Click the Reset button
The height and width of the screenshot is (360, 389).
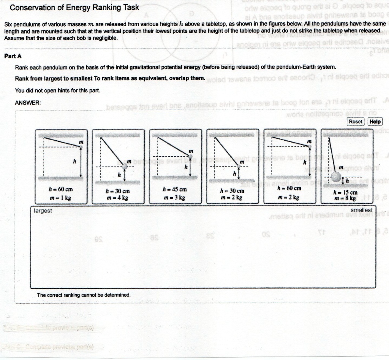356,122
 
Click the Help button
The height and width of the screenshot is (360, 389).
375,122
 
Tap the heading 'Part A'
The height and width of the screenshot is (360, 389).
13,56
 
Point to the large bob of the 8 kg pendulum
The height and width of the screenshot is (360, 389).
337,177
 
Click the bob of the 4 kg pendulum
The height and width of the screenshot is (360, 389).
125,166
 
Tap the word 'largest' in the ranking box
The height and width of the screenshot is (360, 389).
43,211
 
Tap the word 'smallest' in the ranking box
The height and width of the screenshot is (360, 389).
361,210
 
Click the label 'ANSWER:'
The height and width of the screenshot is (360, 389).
28,103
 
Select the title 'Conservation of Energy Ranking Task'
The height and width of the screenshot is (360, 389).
74,8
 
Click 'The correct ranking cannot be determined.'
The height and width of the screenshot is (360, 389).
84,295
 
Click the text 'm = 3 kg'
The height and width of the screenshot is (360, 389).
175,198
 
